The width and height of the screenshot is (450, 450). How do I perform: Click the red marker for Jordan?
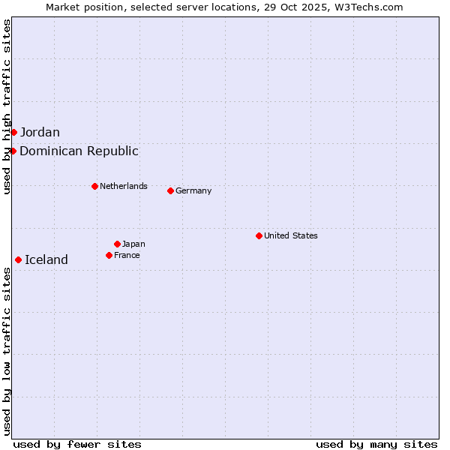click(x=13, y=133)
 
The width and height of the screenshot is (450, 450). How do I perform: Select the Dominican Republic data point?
click(x=13, y=151)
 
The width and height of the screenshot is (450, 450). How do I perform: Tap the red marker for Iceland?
click(x=18, y=260)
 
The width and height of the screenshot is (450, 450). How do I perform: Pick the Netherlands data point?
click(x=94, y=186)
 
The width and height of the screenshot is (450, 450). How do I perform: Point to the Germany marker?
click(x=170, y=190)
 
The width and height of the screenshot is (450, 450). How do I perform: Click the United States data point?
click(x=259, y=235)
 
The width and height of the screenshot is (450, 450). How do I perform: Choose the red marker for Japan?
click(x=117, y=244)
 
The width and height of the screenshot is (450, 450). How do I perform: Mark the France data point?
click(x=109, y=255)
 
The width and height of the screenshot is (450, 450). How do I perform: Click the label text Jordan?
click(x=40, y=133)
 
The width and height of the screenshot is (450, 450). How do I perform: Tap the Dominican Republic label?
click(x=79, y=151)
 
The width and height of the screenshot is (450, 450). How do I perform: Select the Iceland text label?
click(x=46, y=260)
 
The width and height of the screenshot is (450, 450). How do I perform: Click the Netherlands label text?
click(x=124, y=186)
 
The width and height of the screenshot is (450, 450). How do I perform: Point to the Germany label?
click(x=193, y=190)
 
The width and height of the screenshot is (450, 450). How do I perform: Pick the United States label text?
click(x=291, y=235)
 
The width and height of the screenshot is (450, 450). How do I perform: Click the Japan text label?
click(x=133, y=244)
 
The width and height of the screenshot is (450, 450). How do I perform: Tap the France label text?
click(x=127, y=255)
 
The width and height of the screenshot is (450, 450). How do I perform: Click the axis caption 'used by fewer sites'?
click(x=77, y=444)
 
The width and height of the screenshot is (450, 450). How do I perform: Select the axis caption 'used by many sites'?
click(x=376, y=444)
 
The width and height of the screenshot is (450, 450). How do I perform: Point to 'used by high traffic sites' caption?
click(x=7, y=106)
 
